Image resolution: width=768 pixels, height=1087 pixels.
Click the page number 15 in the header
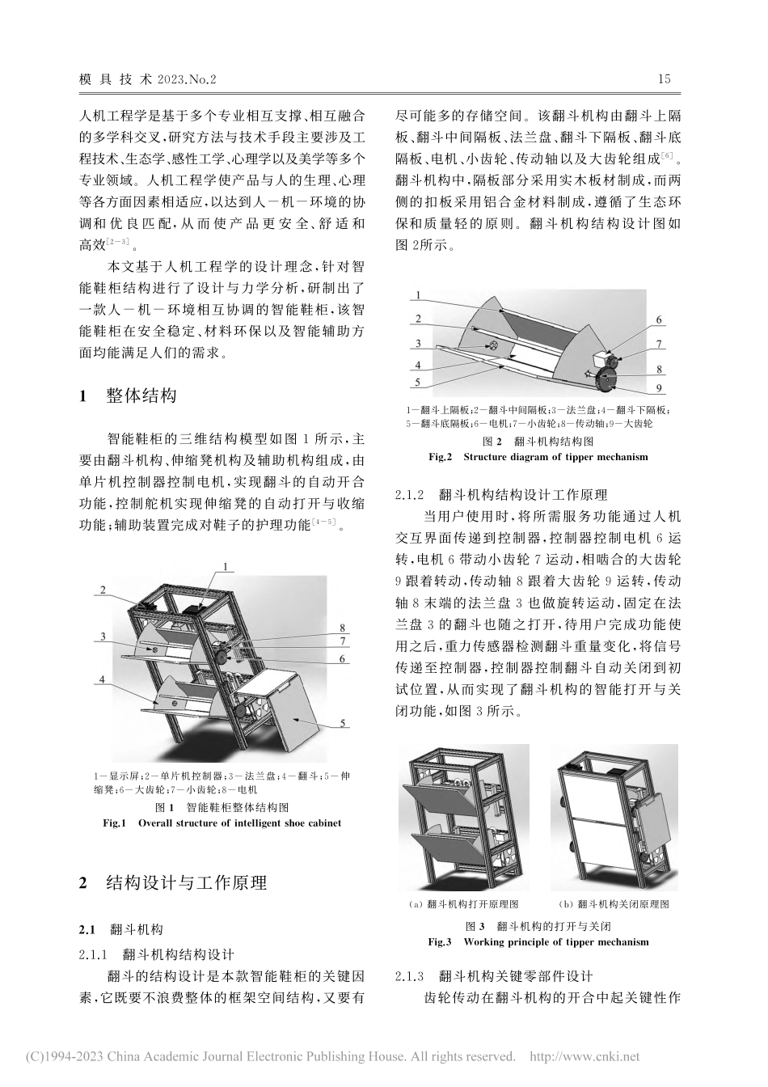point(664,79)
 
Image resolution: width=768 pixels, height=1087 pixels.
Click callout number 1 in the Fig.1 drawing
point(226,566)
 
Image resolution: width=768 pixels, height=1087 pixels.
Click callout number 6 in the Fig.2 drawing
point(659,319)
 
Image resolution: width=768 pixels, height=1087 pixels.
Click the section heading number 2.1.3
point(414,976)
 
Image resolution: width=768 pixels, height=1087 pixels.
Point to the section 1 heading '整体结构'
point(141,395)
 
